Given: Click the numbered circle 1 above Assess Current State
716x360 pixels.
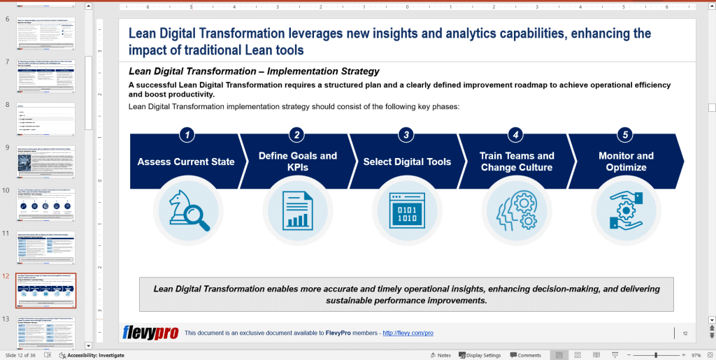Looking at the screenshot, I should [x=187, y=135].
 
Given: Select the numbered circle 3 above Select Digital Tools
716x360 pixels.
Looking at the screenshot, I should [x=406, y=135].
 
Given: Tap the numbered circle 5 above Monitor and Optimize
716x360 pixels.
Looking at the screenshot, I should [x=626, y=135].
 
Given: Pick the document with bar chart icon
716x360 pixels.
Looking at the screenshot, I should [x=297, y=210].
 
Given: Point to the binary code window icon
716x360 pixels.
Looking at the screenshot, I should [x=407, y=210].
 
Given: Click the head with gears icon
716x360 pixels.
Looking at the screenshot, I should [x=517, y=210].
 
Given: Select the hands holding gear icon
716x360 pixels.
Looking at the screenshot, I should [x=626, y=210].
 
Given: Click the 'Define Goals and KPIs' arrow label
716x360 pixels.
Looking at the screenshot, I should [x=297, y=161].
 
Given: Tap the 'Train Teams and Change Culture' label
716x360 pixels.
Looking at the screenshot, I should [x=517, y=161].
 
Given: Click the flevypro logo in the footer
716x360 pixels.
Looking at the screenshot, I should [x=150, y=333].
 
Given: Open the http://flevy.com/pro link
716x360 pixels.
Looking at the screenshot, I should [x=408, y=333].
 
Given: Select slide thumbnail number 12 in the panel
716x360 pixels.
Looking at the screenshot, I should [x=45, y=290].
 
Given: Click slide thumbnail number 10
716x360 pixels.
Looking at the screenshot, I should [x=45, y=203].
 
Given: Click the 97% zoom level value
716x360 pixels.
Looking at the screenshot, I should [x=696, y=355].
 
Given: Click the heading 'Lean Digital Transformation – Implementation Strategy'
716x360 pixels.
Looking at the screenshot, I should [x=254, y=71].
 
